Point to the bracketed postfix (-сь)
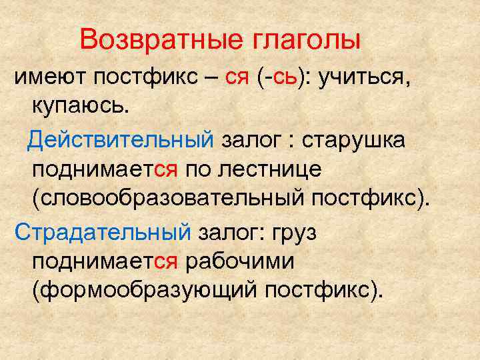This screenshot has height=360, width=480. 280,79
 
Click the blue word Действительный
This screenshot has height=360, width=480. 121,141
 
